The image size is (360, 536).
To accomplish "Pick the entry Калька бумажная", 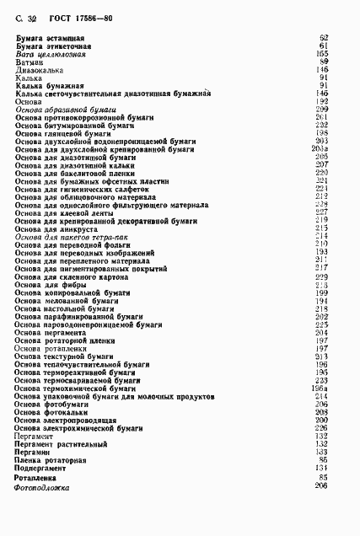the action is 48,85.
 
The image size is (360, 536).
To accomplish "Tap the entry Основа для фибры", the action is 46,284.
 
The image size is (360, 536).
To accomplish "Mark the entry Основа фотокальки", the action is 51,411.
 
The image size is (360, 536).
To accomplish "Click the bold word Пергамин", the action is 35,451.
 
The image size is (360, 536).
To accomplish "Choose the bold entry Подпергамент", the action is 43,467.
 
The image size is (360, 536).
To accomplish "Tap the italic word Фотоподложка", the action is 42,487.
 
